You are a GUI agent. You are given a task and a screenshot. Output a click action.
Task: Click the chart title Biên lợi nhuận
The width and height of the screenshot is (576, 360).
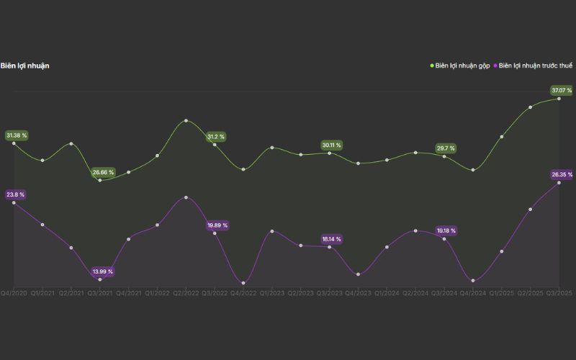[x=25, y=66]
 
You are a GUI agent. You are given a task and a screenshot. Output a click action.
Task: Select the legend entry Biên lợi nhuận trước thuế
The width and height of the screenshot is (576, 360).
[x=536, y=66]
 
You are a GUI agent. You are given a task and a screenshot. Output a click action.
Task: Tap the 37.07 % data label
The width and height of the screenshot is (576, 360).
[x=562, y=90]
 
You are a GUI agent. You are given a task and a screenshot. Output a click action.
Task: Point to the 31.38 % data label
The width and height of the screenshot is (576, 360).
[x=17, y=135]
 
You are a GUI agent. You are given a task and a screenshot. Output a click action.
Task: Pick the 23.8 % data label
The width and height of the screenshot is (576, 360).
[x=15, y=194]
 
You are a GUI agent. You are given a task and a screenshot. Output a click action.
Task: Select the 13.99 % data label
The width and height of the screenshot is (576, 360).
[x=103, y=271]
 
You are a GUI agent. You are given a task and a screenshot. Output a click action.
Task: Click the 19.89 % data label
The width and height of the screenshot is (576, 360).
[x=217, y=225]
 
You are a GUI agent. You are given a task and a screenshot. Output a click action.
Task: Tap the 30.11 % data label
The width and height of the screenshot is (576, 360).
[x=332, y=145]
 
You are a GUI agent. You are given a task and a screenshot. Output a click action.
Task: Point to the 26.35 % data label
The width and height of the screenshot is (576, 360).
[x=562, y=174]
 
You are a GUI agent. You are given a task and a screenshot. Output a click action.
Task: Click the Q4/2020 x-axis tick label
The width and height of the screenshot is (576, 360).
[x=14, y=293]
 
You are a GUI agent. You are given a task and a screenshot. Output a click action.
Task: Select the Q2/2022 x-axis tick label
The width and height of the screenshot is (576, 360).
[x=186, y=293]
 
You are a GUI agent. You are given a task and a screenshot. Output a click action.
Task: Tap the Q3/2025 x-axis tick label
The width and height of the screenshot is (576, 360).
[x=559, y=293]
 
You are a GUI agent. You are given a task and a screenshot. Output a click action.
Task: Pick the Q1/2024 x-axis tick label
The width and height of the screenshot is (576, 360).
[x=387, y=293]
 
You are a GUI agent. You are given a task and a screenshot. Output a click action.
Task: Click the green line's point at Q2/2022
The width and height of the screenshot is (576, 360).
[x=186, y=120]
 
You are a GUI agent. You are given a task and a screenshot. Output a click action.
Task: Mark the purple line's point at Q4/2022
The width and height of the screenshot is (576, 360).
[x=243, y=283]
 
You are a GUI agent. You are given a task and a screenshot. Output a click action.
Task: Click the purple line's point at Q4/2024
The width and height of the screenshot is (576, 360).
[x=473, y=281]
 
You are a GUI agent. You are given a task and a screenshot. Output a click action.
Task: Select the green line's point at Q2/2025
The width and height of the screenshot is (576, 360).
[x=531, y=107]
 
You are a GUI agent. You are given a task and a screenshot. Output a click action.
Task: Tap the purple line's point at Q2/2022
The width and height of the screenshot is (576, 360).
[x=186, y=197]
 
